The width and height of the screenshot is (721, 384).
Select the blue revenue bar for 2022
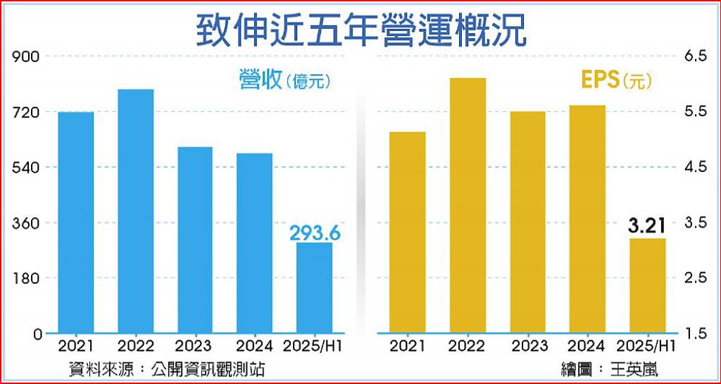(x=136, y=211)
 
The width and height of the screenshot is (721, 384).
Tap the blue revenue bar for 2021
(x=76, y=222)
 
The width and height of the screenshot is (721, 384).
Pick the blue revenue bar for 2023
(x=195, y=240)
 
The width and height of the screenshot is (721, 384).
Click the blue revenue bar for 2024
(x=254, y=242)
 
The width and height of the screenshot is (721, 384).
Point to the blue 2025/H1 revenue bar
(x=314, y=287)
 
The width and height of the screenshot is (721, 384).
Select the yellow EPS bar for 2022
(x=468, y=205)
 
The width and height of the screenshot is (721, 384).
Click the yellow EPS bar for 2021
(x=408, y=232)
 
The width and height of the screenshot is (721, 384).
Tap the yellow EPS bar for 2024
(x=587, y=218)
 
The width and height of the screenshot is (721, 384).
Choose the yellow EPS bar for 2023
(x=528, y=222)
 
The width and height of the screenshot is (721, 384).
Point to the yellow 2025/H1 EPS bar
(x=648, y=285)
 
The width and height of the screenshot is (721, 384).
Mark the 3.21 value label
(x=647, y=227)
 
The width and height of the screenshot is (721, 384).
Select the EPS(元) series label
(x=617, y=80)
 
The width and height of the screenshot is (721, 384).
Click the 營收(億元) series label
(x=284, y=80)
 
